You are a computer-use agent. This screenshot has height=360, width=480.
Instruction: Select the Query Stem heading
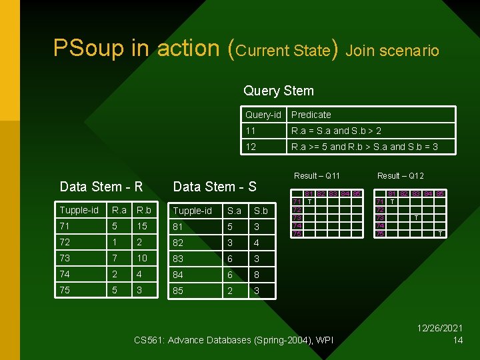279,91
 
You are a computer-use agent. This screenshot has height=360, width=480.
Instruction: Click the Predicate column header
311,115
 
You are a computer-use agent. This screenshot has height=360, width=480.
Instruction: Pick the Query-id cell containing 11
251,131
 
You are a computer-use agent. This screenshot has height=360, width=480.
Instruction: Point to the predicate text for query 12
364,147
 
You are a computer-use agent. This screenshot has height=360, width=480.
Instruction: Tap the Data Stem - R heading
101,187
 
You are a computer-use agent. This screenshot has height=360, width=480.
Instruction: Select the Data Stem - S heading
215,187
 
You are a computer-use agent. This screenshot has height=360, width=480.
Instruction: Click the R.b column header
143,210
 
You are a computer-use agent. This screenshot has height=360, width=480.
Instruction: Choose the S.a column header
234,211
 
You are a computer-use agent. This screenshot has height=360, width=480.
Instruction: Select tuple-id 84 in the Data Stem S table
179,275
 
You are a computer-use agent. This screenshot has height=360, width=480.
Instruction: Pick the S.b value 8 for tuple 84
257,275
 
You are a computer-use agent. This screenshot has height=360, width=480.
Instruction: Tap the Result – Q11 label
317,176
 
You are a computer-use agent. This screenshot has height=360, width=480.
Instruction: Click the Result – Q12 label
400,176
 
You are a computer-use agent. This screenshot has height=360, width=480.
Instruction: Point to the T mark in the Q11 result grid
310,201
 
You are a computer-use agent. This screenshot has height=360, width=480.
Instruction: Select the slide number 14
457,341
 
